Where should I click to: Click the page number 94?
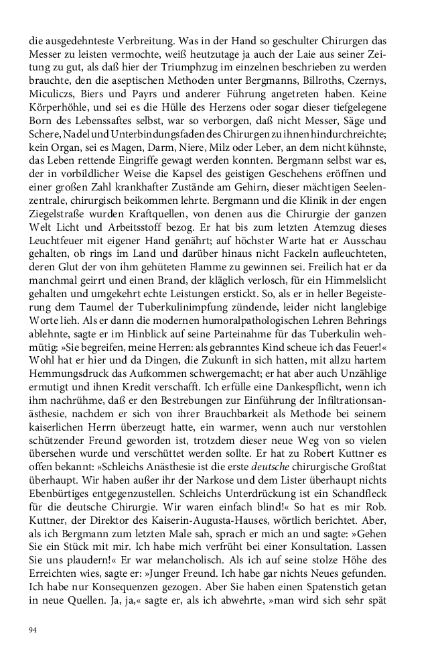click(x=33, y=630)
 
